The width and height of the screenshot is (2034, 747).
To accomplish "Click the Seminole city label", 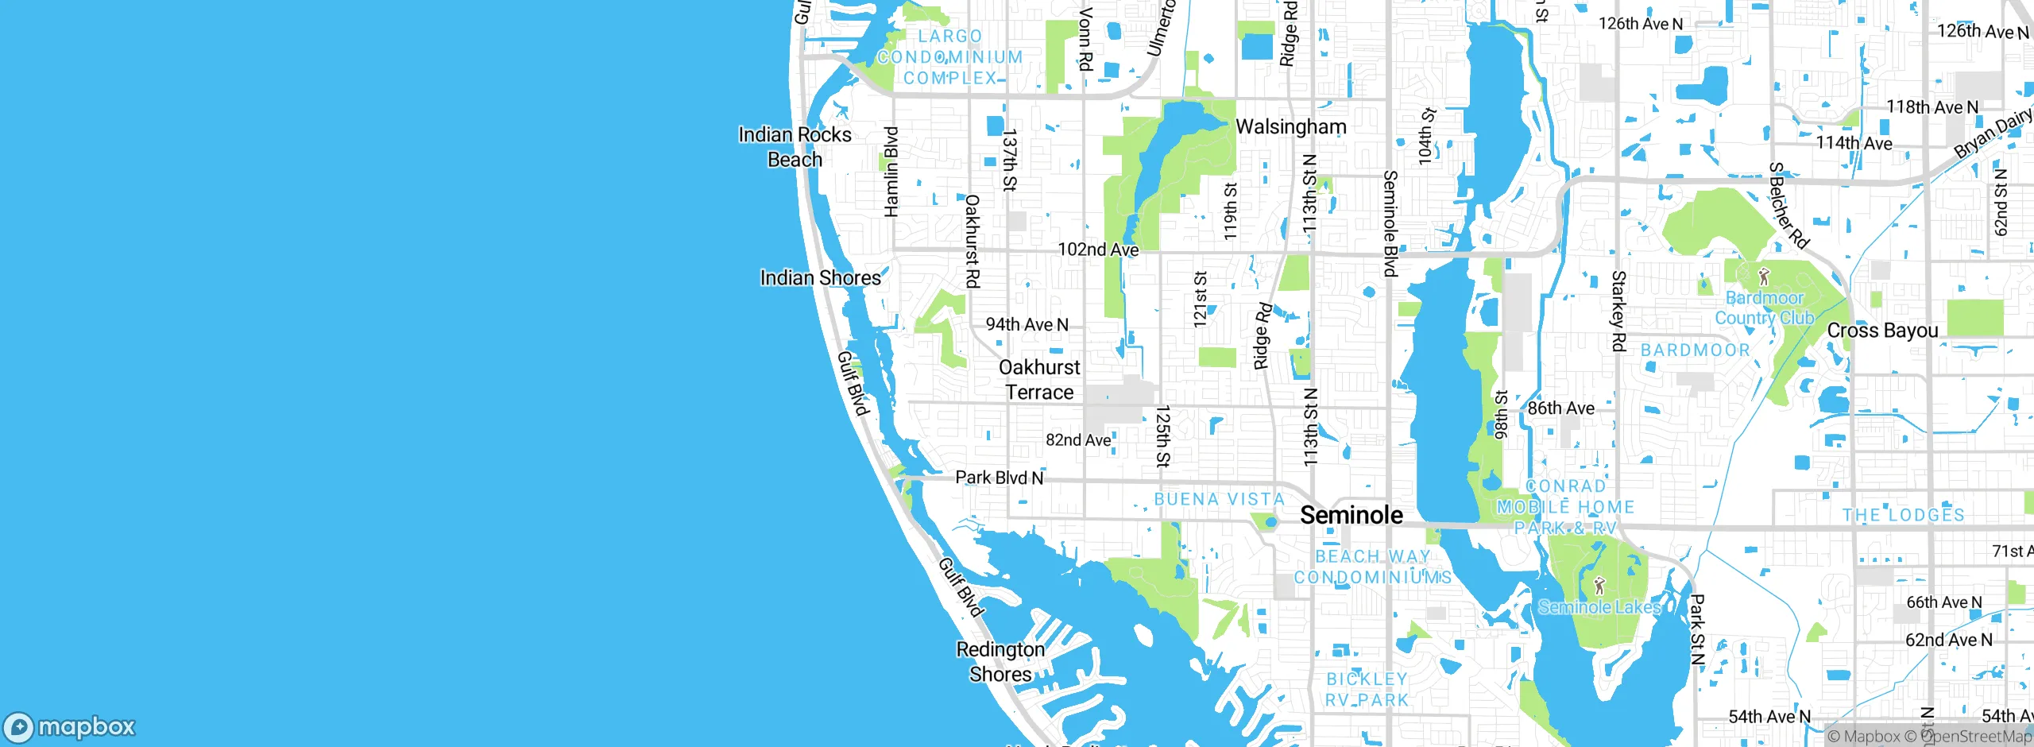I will coord(1351,515).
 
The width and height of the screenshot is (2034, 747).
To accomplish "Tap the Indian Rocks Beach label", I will coord(795,147).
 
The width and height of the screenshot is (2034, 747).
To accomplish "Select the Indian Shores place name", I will coord(820,278).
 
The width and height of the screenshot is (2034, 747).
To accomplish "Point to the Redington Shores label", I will coord(1000,661).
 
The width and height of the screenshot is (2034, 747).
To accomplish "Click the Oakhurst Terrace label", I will coord(1039,380).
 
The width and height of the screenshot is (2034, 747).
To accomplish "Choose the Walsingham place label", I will coord(1291,127).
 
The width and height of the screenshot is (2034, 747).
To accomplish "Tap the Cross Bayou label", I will coord(1882,331).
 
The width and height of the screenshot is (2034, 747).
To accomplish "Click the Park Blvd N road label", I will coord(999,478).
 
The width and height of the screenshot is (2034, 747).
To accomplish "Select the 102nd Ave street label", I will coord(1098,250).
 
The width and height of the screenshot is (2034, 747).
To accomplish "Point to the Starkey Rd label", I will coord(1618,310).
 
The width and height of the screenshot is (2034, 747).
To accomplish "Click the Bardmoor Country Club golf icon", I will coord(1764,277).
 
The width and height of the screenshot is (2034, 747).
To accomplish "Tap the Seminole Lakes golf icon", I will coord(1599,586).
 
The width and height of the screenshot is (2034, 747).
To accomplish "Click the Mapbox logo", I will coord(69,726).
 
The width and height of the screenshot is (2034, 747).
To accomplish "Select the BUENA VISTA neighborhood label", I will coord(1220,499).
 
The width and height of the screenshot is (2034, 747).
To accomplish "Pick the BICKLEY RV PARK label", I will coord(1367,689).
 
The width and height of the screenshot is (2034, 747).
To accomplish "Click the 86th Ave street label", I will coord(1560,408).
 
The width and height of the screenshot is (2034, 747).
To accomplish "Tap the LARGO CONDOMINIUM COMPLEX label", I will coord(950,57).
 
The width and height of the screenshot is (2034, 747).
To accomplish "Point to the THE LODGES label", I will coord(1903,515).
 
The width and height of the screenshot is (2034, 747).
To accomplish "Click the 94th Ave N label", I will coord(1027,324).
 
